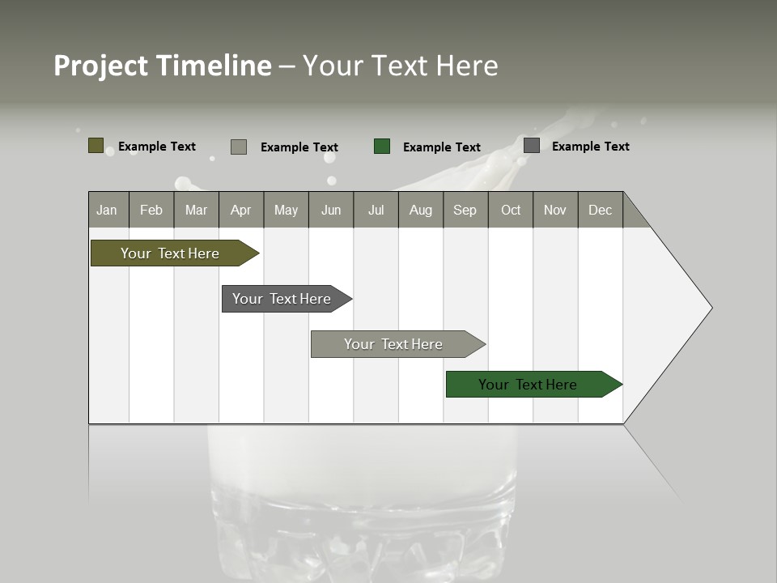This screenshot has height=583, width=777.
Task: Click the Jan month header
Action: [108, 210]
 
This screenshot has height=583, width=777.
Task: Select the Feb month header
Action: [151, 210]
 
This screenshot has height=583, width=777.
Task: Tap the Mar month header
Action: [196, 210]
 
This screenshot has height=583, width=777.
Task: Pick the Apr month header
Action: [241, 210]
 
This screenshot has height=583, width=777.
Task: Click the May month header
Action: [286, 210]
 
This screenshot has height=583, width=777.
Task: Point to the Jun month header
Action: [331, 210]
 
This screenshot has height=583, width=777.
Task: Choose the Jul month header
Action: [376, 210]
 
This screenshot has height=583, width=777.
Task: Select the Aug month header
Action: [421, 210]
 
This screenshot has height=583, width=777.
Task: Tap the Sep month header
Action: [465, 210]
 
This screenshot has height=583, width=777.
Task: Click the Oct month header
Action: [511, 210]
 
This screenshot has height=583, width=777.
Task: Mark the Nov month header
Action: [555, 210]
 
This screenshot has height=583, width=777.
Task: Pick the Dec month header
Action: [601, 210]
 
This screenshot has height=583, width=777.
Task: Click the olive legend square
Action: [96, 146]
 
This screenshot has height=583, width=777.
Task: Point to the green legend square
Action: [382, 147]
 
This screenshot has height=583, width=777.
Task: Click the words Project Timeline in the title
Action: [163, 66]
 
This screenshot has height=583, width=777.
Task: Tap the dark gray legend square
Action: [532, 146]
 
